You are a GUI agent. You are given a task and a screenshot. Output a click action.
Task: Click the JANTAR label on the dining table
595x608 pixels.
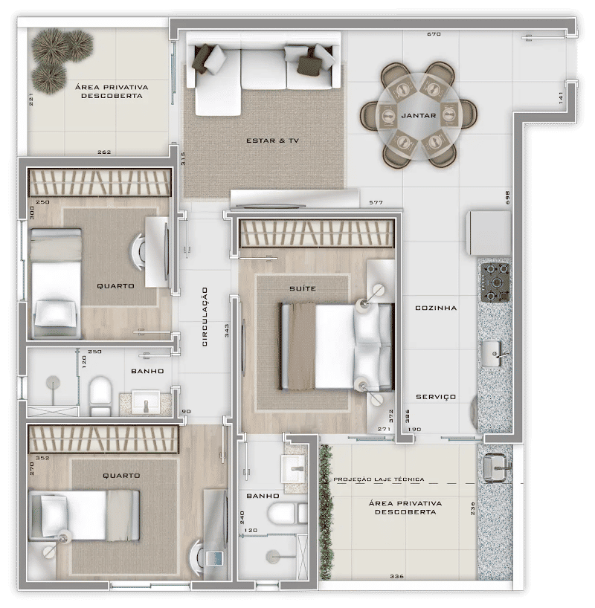(x=419, y=115)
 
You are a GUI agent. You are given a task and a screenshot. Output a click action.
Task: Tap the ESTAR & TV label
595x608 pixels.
(x=272, y=140)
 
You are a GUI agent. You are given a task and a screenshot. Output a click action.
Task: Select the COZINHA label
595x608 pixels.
(x=436, y=308)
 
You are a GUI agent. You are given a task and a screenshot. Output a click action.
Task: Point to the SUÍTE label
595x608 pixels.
(x=303, y=288)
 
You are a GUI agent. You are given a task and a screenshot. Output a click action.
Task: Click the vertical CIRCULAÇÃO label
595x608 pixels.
(x=205, y=317)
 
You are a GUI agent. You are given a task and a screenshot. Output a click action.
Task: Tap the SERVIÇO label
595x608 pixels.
(x=436, y=397)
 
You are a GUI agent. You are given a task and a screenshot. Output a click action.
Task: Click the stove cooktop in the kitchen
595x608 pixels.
(x=495, y=282)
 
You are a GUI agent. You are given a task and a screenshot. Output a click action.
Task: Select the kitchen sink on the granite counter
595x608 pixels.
(x=492, y=353)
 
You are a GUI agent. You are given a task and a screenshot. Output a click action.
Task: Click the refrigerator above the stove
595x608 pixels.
(x=489, y=233)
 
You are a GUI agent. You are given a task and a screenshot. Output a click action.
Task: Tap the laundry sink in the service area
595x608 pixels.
(x=495, y=468)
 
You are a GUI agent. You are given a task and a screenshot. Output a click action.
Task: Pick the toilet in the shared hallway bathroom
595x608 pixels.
(x=100, y=395)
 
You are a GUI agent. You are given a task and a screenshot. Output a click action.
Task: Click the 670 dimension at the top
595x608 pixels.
(x=434, y=34)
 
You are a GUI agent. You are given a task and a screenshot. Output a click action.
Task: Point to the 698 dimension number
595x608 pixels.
(x=507, y=198)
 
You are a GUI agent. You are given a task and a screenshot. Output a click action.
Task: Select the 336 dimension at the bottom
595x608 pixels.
(x=396, y=576)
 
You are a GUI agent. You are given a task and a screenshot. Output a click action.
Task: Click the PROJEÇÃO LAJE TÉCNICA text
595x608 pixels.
(x=379, y=479)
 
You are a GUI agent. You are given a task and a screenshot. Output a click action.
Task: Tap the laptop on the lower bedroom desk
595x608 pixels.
(x=214, y=558)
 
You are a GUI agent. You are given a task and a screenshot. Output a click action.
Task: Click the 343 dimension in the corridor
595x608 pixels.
(x=227, y=330)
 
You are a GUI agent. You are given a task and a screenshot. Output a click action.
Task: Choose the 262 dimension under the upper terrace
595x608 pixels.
(x=104, y=152)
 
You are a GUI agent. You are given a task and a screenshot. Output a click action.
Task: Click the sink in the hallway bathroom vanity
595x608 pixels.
(x=146, y=402)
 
